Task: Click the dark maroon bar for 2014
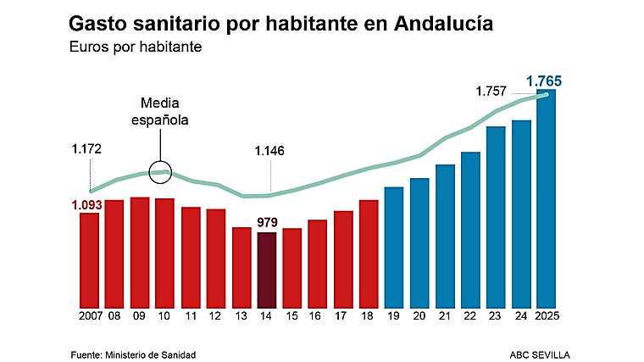(266, 270)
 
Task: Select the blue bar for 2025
(547, 199)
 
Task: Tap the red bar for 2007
(89, 259)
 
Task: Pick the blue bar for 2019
(394, 247)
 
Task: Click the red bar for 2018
(369, 253)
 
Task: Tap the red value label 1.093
(87, 204)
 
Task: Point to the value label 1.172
(87, 149)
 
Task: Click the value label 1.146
(269, 152)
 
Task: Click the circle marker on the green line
(160, 172)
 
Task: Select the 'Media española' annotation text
(158, 111)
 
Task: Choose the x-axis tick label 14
(267, 316)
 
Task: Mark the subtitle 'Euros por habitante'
(136, 47)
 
